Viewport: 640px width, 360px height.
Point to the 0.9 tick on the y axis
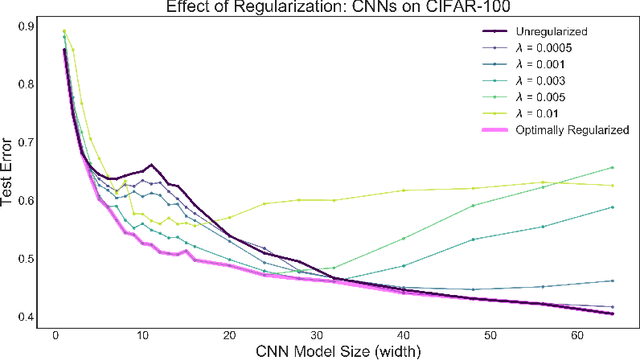click(x=27, y=27)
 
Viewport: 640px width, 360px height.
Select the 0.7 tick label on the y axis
click(x=27, y=143)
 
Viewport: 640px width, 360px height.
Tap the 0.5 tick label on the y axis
click(x=27, y=259)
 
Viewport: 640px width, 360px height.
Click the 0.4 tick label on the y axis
click(x=27, y=317)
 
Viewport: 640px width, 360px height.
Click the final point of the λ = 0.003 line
click(x=611, y=207)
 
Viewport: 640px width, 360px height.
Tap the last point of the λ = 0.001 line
click(x=611, y=281)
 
